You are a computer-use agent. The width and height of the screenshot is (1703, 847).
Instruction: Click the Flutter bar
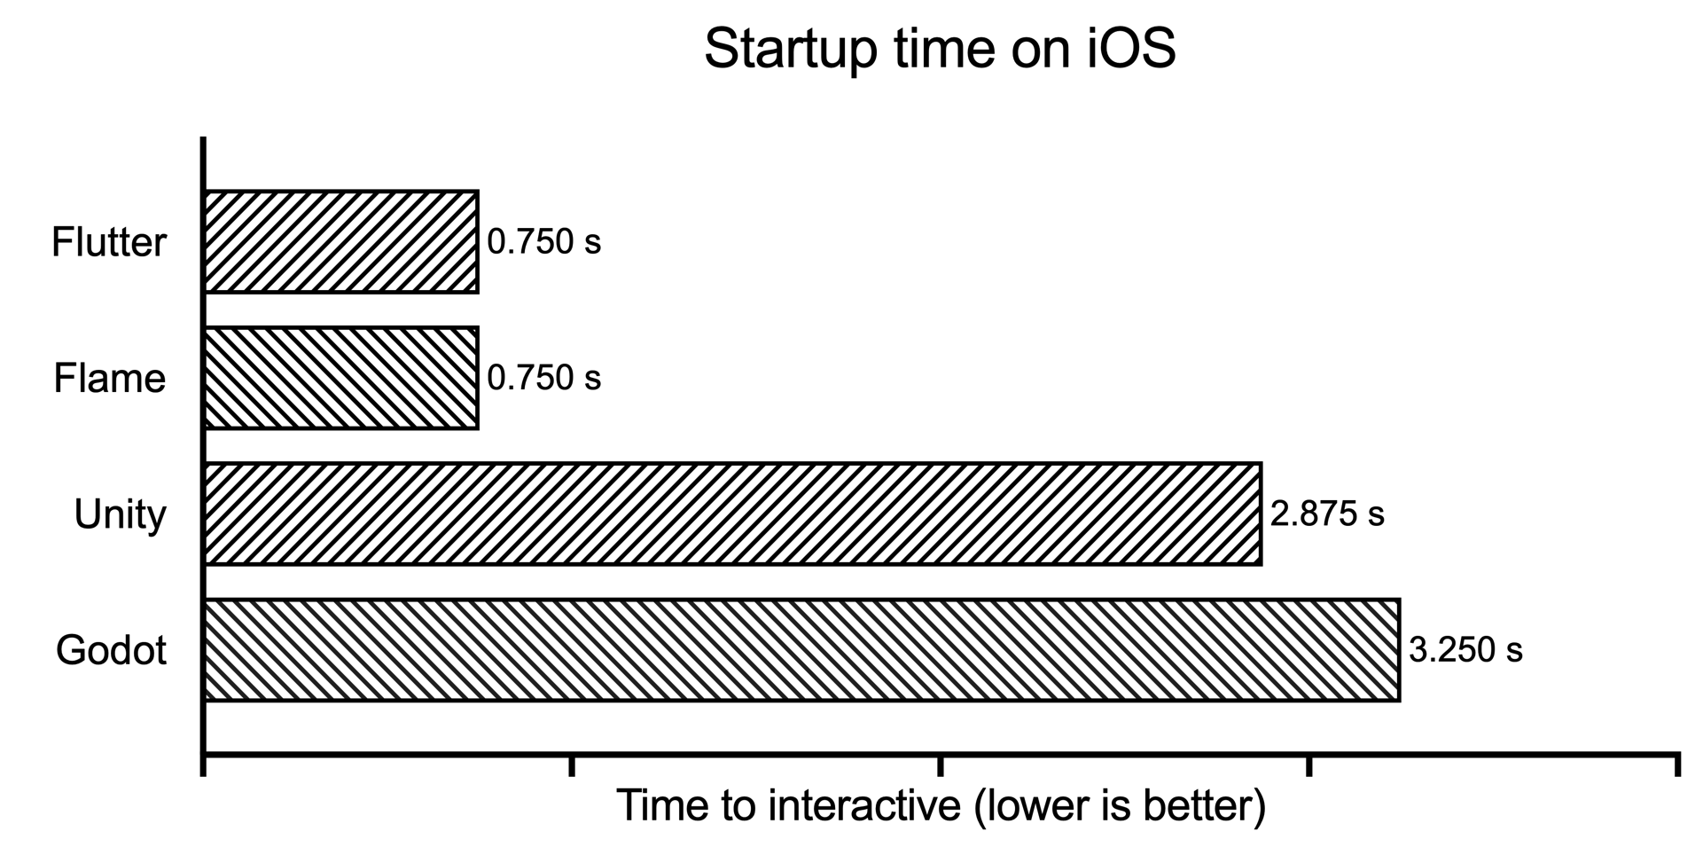click(341, 241)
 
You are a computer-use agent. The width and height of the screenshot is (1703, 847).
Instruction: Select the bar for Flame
click(341, 378)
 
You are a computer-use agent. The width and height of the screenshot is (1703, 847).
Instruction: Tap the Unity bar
click(733, 514)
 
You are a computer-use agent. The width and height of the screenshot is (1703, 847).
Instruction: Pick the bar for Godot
click(802, 650)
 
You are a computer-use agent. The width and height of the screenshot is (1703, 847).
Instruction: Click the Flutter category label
click(109, 242)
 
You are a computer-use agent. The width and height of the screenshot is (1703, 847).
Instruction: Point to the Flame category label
click(110, 379)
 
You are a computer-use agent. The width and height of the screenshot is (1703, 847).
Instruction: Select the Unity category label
click(120, 515)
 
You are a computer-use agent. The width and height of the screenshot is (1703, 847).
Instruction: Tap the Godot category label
click(111, 651)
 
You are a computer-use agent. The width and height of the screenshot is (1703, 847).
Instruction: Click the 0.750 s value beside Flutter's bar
click(544, 242)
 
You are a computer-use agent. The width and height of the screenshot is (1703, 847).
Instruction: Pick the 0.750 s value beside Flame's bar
click(544, 379)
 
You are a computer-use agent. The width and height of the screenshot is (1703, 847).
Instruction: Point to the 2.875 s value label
click(1327, 514)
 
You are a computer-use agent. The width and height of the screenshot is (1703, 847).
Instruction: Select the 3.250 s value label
click(1465, 651)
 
